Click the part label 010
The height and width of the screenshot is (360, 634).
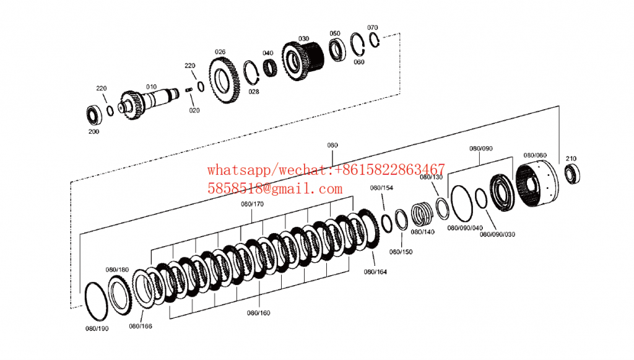point(151,86)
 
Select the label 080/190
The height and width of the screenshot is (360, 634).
point(96,328)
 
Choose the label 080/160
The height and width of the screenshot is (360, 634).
point(259,313)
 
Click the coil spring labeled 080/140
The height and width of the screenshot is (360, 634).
point(423,214)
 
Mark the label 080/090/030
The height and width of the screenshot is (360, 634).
point(497,234)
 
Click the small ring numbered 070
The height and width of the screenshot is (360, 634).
point(375,39)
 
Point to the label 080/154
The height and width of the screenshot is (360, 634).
point(381,188)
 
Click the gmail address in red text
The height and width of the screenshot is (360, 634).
point(275,188)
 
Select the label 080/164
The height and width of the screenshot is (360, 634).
point(375,271)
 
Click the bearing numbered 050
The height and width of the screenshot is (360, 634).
point(337,50)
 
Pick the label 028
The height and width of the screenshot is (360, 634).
point(254,92)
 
